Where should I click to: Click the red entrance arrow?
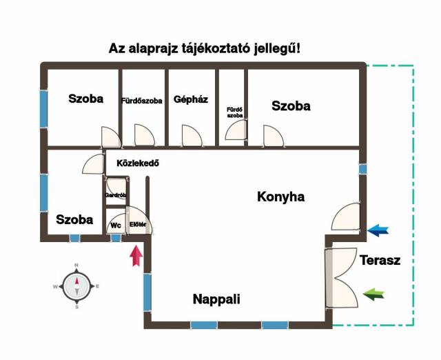[136, 255]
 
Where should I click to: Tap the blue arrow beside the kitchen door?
[378, 230]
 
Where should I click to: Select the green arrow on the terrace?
[373, 294]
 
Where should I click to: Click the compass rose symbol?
[76, 286]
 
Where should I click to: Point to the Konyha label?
[280, 197]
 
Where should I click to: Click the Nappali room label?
[216, 299]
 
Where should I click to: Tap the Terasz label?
[380, 260]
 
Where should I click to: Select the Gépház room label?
[191, 99]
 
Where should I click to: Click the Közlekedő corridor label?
[138, 163]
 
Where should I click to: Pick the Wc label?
[116, 226]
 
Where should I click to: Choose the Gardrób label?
[115, 195]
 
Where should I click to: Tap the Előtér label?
[138, 225]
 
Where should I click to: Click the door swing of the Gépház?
[192, 136]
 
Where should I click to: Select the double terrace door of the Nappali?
[342, 277]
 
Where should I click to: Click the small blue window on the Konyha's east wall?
[363, 169]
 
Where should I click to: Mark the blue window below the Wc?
[116, 238]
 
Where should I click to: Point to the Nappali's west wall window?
[147, 292]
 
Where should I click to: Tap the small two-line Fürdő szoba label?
[235, 112]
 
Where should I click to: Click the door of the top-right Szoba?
[274, 137]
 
